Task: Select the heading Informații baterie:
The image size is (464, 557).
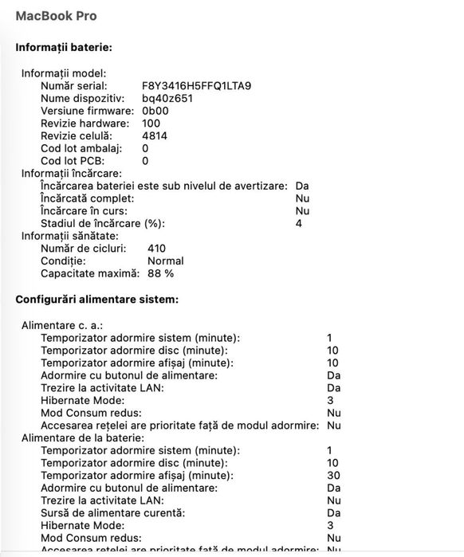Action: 63,48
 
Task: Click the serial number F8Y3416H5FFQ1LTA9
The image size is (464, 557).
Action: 196,85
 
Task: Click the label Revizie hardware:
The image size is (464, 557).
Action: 85,124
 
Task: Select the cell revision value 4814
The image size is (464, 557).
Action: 155,135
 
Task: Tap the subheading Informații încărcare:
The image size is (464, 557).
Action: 71,173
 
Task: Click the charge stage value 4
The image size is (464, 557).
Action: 299,223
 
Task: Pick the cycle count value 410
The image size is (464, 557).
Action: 157,248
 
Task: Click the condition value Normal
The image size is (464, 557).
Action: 166,261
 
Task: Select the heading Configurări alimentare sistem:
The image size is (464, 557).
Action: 96,300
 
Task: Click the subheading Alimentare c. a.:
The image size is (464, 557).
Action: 61,325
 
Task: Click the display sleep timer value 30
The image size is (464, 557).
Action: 333,475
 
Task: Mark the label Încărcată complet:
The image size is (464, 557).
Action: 88,198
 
